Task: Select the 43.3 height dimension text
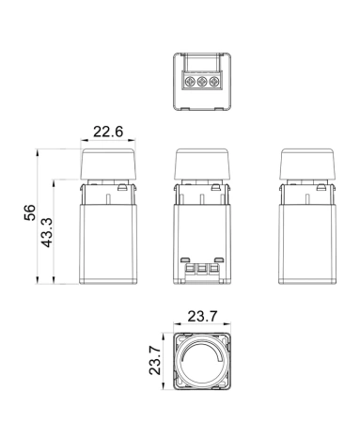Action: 47,233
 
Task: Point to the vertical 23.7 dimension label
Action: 156,359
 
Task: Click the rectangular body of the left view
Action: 110,240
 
